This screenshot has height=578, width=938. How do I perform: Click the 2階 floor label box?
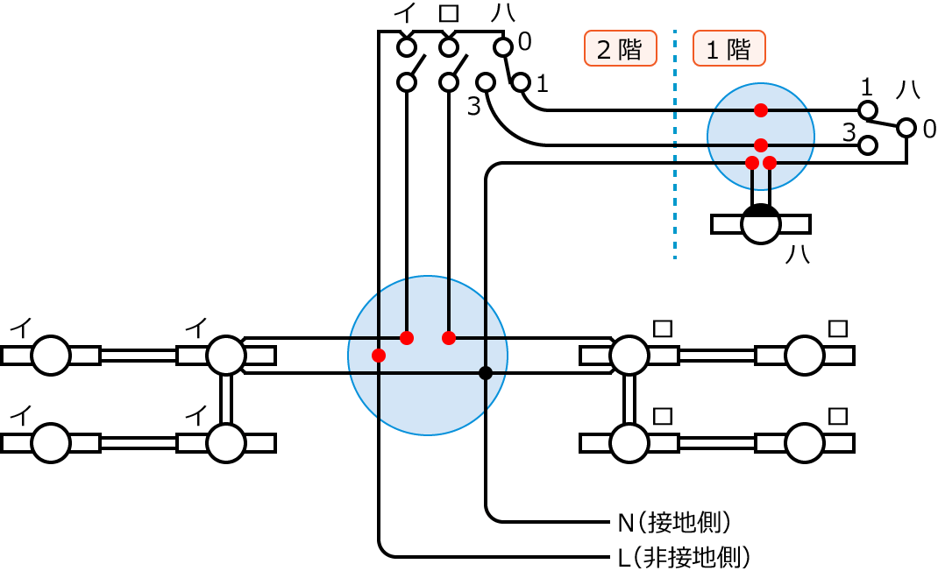click(621, 49)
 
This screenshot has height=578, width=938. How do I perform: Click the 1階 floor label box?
click(729, 49)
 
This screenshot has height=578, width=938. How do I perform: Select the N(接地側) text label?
click(674, 523)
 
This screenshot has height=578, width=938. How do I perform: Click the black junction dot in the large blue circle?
click(485, 373)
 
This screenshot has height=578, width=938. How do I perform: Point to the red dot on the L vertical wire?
click(379, 355)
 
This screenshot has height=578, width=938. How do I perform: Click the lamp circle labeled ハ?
click(760, 224)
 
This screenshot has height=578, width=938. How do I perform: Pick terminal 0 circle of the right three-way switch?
click(906, 130)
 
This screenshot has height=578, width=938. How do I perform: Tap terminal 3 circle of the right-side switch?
click(868, 144)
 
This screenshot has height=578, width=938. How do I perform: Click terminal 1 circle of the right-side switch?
click(868, 110)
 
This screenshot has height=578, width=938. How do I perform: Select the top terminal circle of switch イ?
click(406, 46)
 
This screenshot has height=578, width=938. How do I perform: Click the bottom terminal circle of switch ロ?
click(449, 82)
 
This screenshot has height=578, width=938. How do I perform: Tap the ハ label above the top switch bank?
click(500, 14)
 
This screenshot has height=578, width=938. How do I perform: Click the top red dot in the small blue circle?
click(761, 110)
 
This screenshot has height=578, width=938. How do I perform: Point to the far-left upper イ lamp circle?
click(50, 355)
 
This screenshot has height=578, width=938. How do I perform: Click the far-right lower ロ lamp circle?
click(804, 443)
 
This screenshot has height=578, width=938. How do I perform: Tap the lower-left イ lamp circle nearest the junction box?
click(225, 443)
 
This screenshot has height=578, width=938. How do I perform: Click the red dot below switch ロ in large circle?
click(449, 338)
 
